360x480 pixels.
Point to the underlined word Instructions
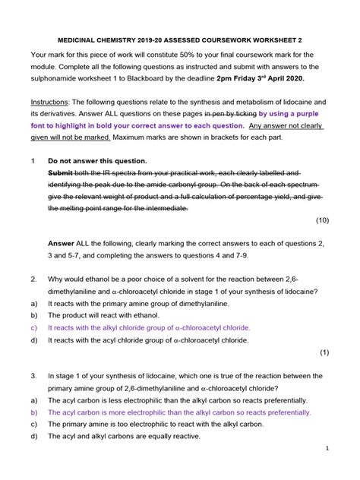point(52,101)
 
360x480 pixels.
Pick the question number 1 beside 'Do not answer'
point(33,160)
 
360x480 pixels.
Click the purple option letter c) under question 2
point(34,327)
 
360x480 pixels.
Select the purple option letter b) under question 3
point(34,412)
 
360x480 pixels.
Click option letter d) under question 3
point(34,436)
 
